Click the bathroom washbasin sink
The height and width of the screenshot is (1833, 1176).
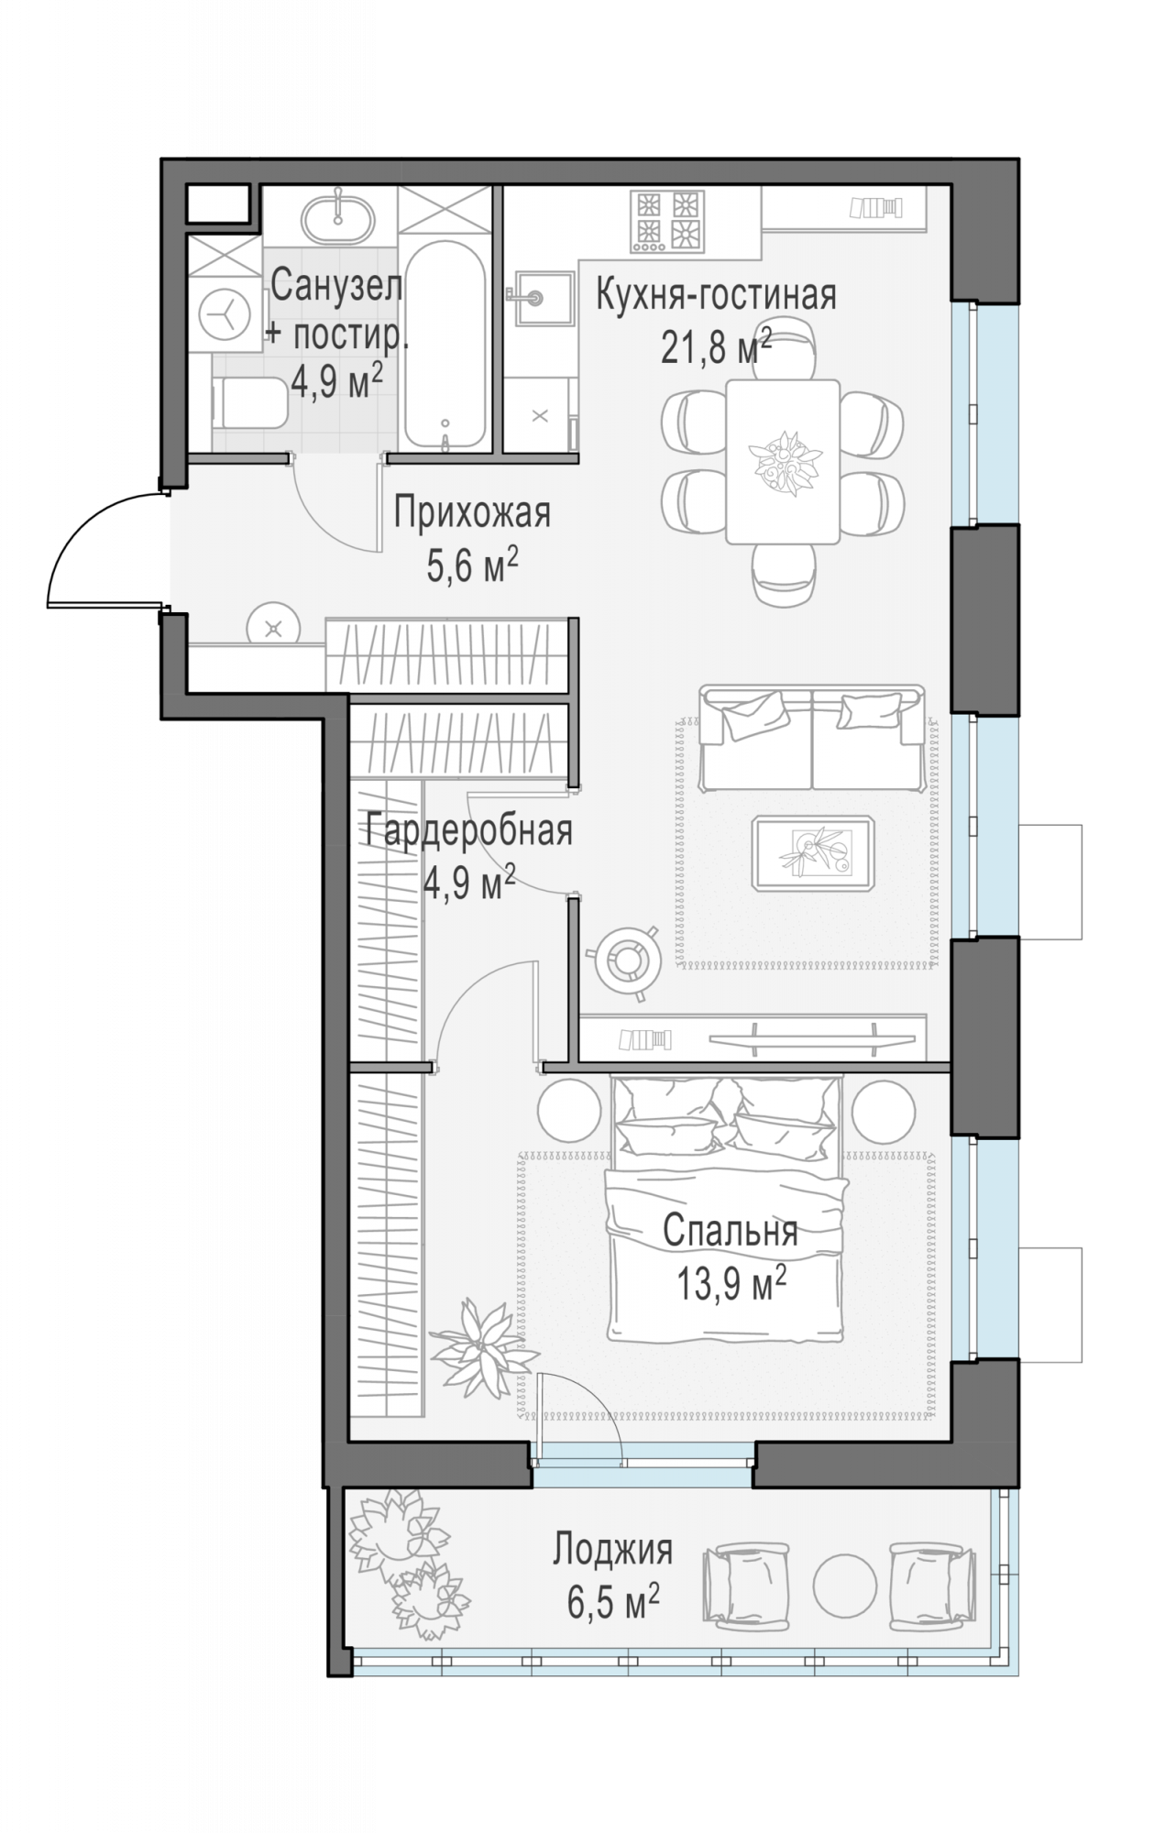click(x=337, y=216)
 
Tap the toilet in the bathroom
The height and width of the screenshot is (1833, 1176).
click(x=249, y=404)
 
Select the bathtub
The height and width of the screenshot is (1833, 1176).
click(x=445, y=345)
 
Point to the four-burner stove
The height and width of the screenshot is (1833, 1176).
click(x=667, y=221)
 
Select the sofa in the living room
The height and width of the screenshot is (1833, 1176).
click(x=812, y=737)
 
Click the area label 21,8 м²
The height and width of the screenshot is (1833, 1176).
click(x=716, y=346)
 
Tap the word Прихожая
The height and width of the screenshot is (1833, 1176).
click(x=472, y=512)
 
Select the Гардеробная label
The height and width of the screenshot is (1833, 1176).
click(x=469, y=831)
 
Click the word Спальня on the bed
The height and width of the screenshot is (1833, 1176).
click(x=731, y=1231)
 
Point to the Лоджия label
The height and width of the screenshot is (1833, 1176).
click(x=612, y=1550)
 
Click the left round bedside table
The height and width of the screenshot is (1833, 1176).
click(x=569, y=1110)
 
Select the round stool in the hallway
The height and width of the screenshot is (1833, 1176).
click(x=273, y=628)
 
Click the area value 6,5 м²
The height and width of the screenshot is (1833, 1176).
click(x=613, y=1603)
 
